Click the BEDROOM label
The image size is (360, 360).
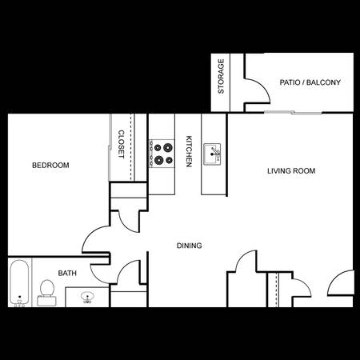(x=50, y=166)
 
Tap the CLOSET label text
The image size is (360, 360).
(x=121, y=144)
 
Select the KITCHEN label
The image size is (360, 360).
(x=189, y=151)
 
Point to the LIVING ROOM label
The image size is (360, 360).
(x=291, y=171)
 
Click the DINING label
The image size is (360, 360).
(x=190, y=246)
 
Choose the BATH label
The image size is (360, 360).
(x=67, y=274)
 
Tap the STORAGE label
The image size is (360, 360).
(x=221, y=76)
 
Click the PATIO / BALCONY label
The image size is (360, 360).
(x=310, y=82)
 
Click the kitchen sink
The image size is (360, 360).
(x=212, y=154)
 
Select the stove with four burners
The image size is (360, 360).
(x=162, y=154)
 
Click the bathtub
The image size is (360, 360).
(x=19, y=282)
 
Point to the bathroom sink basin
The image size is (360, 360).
(x=87, y=297)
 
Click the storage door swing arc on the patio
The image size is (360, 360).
(x=262, y=86)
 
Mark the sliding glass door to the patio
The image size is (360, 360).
(x=293, y=113)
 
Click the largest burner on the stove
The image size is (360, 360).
(x=168, y=147)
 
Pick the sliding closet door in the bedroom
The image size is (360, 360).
(x=110, y=147)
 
